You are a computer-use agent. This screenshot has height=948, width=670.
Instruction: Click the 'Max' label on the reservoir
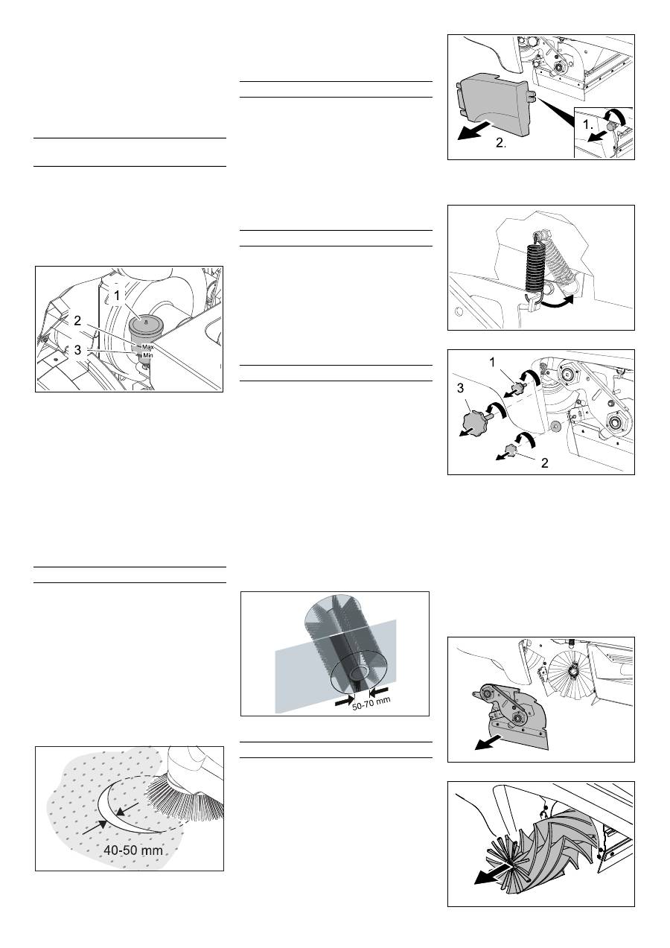click(147, 347)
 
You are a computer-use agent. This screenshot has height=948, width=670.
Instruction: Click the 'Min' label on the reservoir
click(147, 355)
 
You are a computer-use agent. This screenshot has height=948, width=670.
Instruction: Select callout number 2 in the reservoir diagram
click(77, 321)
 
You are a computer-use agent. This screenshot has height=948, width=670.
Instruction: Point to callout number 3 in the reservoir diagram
click(77, 349)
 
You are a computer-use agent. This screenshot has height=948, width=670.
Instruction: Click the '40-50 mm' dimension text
click(133, 850)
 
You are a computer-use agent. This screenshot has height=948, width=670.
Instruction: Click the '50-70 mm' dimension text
click(371, 704)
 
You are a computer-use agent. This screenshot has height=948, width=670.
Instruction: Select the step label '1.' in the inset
click(588, 124)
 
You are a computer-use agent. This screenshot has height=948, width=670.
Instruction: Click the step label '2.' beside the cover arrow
click(501, 143)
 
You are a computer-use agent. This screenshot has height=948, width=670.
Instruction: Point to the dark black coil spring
click(535, 266)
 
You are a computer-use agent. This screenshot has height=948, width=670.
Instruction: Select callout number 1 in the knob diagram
click(492, 362)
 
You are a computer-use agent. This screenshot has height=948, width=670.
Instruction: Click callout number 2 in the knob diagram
click(545, 462)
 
